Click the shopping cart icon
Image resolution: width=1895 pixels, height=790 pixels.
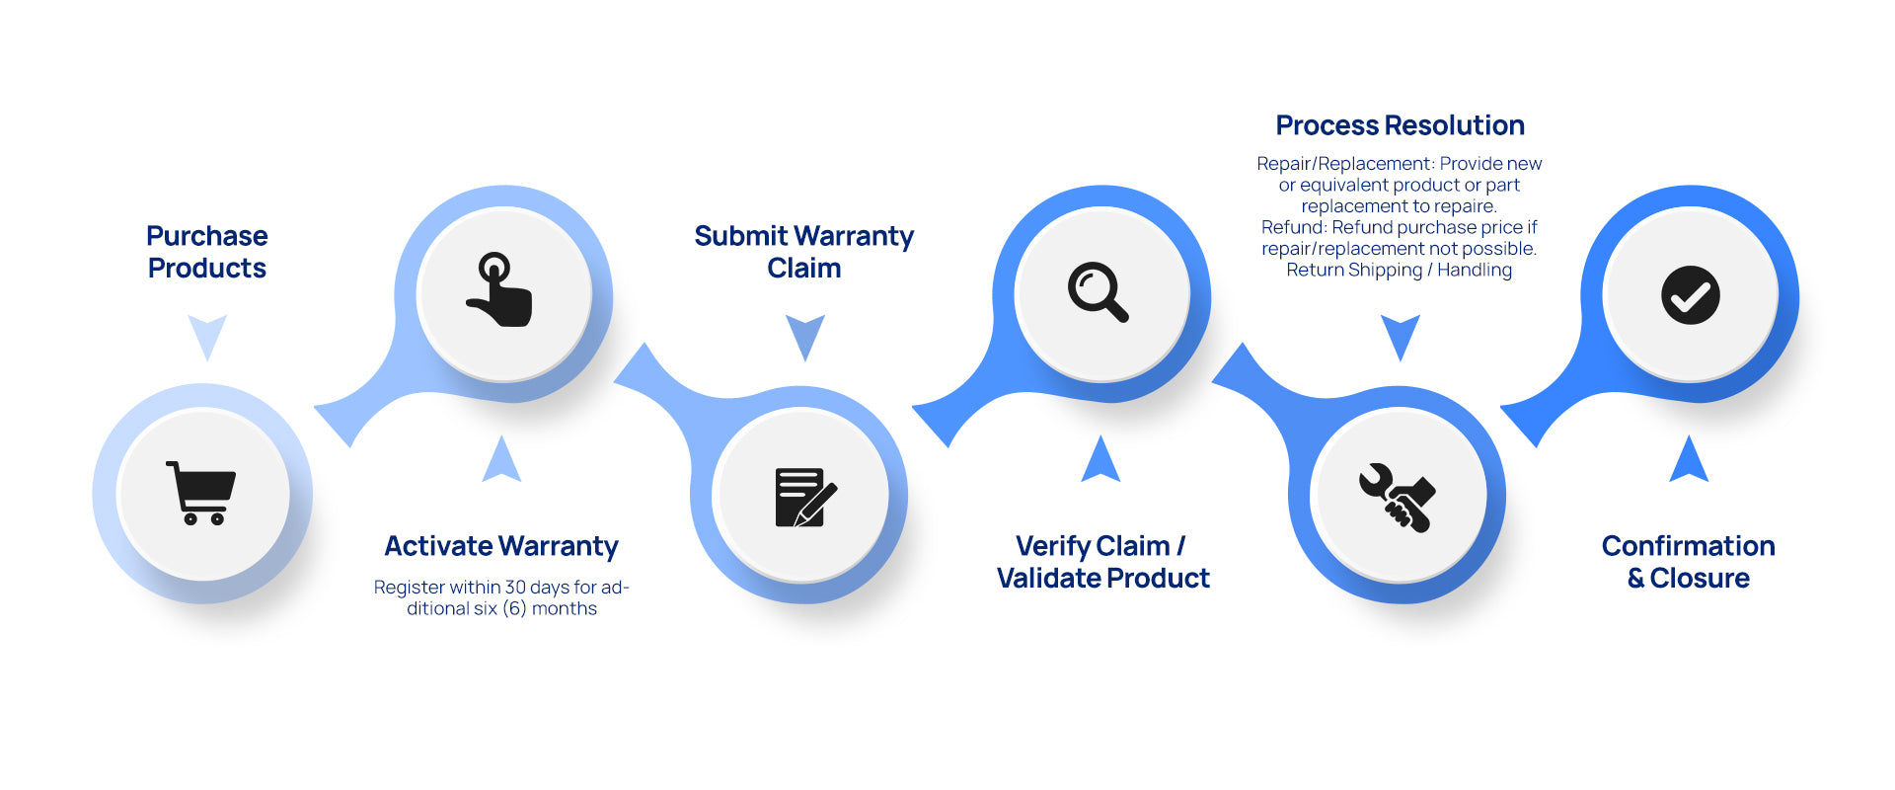[201, 493]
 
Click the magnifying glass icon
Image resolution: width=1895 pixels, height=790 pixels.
[1098, 292]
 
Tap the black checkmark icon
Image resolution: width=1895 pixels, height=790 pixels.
[1690, 295]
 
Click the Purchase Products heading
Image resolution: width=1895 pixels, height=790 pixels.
[207, 252]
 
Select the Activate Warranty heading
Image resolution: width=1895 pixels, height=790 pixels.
[501, 546]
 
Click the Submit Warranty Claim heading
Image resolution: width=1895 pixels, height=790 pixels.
[804, 252]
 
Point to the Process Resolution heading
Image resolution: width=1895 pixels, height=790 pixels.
[1400, 125]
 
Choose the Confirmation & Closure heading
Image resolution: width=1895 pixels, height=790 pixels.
[1689, 562]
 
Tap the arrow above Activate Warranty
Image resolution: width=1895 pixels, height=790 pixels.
[501, 459]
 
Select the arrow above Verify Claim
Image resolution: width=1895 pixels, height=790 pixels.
[1100, 459]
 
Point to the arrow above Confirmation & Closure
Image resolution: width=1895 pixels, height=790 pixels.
[1689, 459]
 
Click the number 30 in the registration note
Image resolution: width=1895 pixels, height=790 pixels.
[515, 588]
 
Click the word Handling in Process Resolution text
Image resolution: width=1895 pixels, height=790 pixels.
[1475, 271]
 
